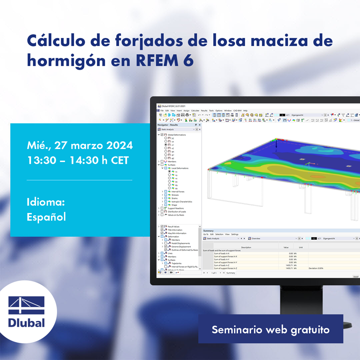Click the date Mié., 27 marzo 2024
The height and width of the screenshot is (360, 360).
click(x=80, y=145)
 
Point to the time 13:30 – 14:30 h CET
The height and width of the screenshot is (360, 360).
click(x=78, y=160)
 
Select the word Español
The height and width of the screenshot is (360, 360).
click(x=46, y=217)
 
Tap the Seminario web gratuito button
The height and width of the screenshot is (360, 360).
click(x=270, y=329)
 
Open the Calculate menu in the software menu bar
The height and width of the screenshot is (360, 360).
click(x=195, y=110)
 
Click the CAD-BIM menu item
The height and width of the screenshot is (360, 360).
click(x=237, y=110)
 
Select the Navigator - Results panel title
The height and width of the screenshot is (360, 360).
click(x=168, y=125)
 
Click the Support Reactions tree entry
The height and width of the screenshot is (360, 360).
click(x=175, y=208)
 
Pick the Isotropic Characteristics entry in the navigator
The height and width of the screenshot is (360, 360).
click(x=182, y=201)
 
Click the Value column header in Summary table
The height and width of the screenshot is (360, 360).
click(x=286, y=247)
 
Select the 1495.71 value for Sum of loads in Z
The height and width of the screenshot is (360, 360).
click(x=288, y=265)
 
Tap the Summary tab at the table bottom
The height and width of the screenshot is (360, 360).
click(x=231, y=273)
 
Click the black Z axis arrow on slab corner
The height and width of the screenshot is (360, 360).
click(x=276, y=144)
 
